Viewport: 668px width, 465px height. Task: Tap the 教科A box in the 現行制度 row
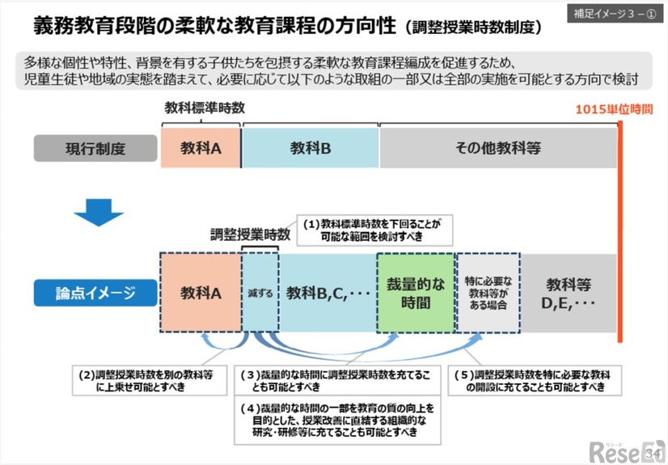(x=201, y=148)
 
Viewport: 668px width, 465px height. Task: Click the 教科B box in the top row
(x=311, y=148)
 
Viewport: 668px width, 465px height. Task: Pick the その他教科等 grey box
(x=497, y=148)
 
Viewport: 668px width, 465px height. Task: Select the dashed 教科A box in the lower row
(x=201, y=294)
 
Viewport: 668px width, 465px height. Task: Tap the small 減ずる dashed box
(x=260, y=294)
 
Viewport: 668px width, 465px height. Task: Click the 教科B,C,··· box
(x=328, y=294)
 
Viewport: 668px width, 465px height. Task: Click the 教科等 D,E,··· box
(x=568, y=294)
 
